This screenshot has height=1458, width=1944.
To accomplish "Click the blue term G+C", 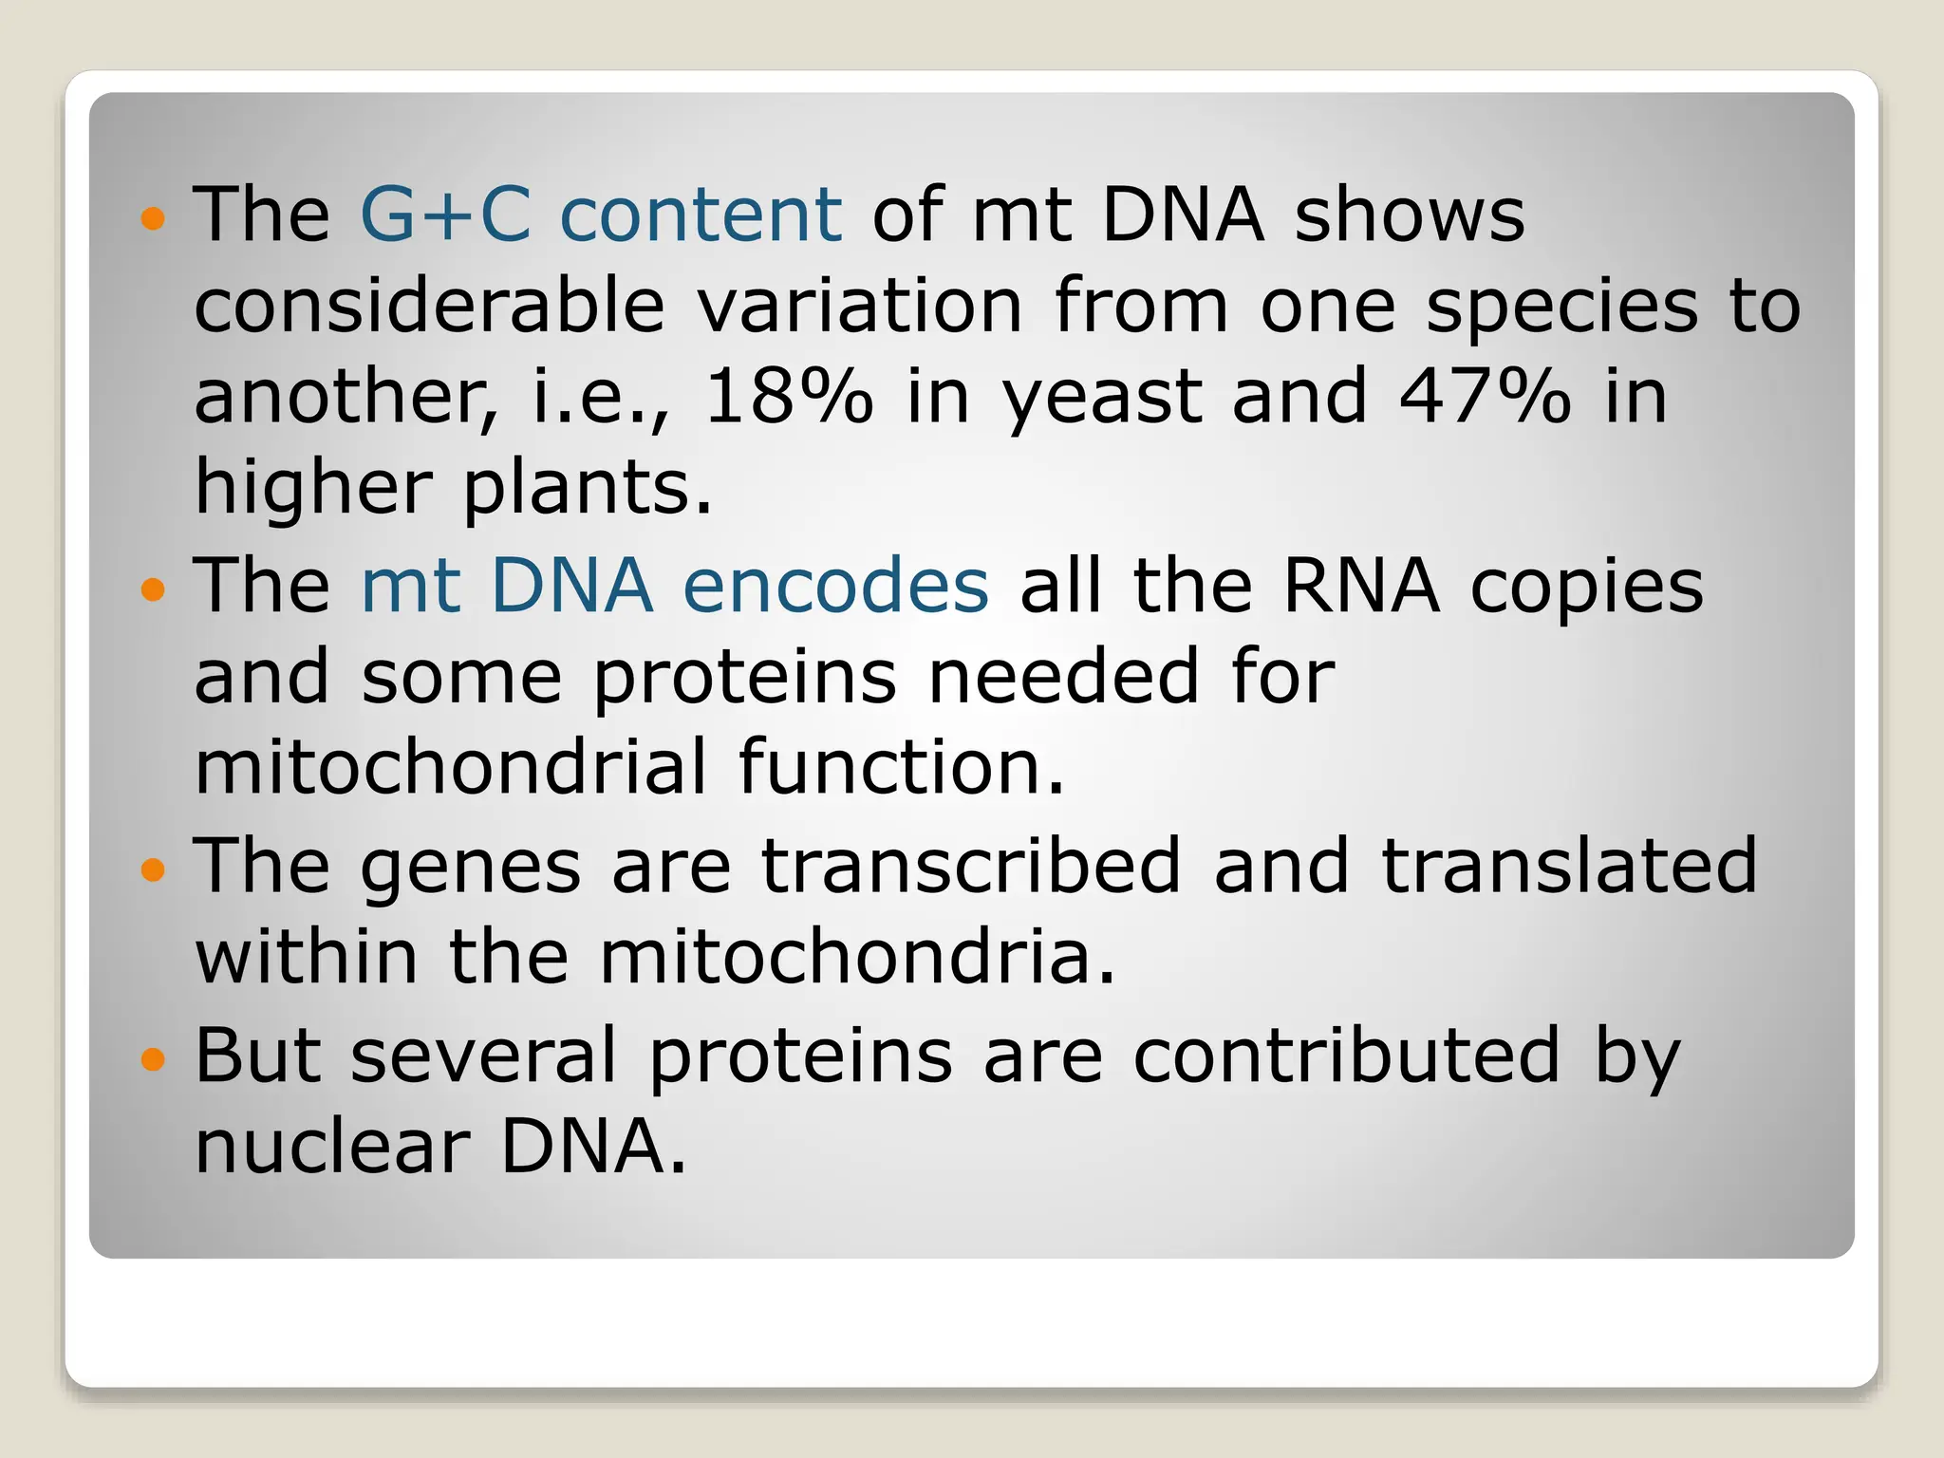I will pos(445,215).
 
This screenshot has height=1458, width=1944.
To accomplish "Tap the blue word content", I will pos(701,215).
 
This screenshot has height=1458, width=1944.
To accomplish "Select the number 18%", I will pos(788,397).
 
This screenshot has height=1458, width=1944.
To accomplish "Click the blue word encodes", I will pos(835,587).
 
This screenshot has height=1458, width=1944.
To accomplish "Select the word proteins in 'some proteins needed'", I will pos(745,680).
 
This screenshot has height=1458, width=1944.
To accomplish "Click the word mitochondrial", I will pos(451,767).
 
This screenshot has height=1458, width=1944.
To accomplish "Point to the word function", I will pos(901,767).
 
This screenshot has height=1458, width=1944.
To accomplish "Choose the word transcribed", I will pos(971,866).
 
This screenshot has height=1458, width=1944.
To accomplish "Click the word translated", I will pos(1569,866).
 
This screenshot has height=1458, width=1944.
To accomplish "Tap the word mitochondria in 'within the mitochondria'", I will pos(857,957).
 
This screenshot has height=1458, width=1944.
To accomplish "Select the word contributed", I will pos(1347,1056).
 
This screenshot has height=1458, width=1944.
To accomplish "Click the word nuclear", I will pos(332,1147).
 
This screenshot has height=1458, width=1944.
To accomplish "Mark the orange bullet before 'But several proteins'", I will pos(153,1057).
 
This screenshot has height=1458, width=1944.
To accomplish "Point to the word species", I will pos(1561,308).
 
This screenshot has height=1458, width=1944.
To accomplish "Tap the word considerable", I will pos(429,306).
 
